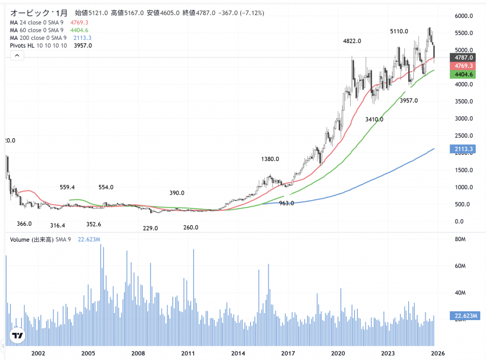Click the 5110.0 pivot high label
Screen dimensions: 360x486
399,31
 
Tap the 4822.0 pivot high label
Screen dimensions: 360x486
352,41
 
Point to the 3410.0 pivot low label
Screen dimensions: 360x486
374,119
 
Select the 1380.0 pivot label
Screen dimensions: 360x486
270,159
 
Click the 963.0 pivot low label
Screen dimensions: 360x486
286,203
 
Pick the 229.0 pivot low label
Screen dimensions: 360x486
150,228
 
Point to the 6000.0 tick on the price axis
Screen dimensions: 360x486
463,16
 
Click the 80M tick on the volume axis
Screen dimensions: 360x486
459,239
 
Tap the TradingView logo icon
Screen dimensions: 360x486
18,336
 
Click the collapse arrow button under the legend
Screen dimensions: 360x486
17,56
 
